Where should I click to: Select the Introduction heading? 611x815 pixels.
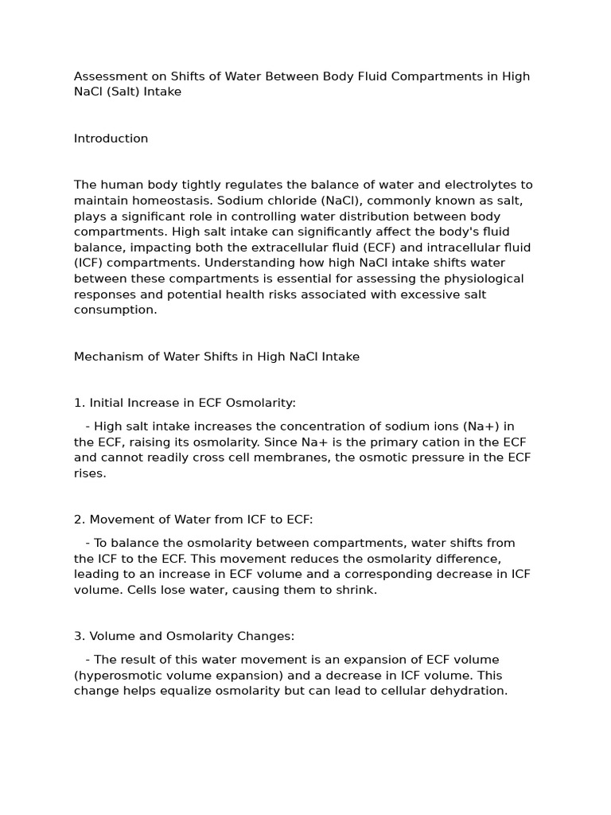coord(111,138)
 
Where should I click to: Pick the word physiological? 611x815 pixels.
coord(484,279)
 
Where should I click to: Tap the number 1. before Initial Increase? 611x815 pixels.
coord(80,403)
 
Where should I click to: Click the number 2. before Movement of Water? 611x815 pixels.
coord(80,520)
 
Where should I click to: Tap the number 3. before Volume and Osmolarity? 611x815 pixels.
coord(80,636)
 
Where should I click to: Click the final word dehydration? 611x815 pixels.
coord(468,691)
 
